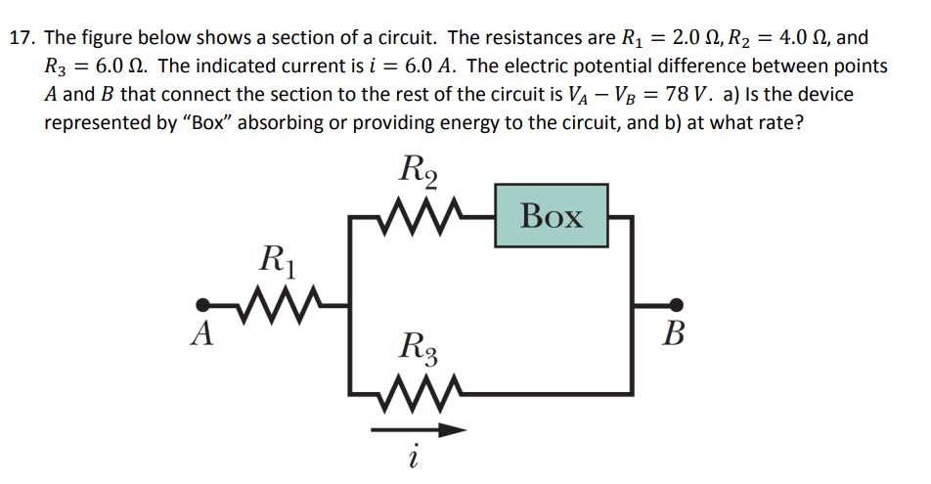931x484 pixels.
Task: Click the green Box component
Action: tap(553, 216)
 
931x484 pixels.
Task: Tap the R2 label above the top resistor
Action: tap(421, 169)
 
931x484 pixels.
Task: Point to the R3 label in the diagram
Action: tap(421, 347)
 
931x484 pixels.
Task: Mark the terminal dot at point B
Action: tap(676, 304)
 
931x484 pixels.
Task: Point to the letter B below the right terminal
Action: tap(675, 334)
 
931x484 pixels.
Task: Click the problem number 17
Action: tap(22, 40)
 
